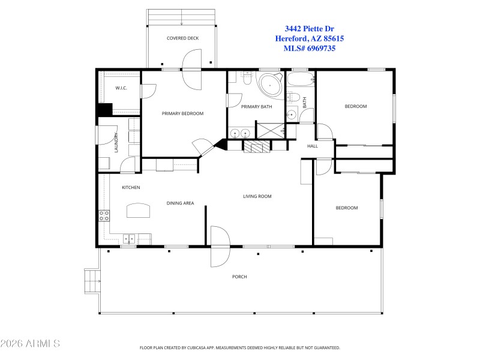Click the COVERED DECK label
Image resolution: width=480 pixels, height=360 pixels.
tap(182, 38)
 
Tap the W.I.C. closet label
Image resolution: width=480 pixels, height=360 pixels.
tap(121, 89)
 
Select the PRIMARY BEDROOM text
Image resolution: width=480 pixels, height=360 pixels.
tap(182, 113)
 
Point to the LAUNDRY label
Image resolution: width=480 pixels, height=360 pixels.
tap(116, 142)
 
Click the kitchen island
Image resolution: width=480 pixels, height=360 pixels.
tap(139, 211)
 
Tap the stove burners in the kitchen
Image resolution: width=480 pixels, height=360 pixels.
tap(104, 215)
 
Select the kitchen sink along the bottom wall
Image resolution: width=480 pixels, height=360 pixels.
tap(130, 239)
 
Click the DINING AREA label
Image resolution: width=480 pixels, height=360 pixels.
tap(180, 203)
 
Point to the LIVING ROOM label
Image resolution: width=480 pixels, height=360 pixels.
tap(257, 196)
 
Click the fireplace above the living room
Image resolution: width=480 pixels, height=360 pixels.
tap(253, 146)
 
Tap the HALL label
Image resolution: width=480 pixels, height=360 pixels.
tap(313, 146)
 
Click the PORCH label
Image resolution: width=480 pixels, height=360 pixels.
tap(239, 277)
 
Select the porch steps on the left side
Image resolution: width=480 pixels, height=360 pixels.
tap(91, 281)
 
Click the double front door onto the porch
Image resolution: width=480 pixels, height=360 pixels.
tap(220, 246)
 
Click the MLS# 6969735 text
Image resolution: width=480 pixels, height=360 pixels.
tap(310, 48)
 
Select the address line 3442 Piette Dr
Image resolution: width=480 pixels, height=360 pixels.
tap(309, 28)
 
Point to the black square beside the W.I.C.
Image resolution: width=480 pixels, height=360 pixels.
tap(105, 110)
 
